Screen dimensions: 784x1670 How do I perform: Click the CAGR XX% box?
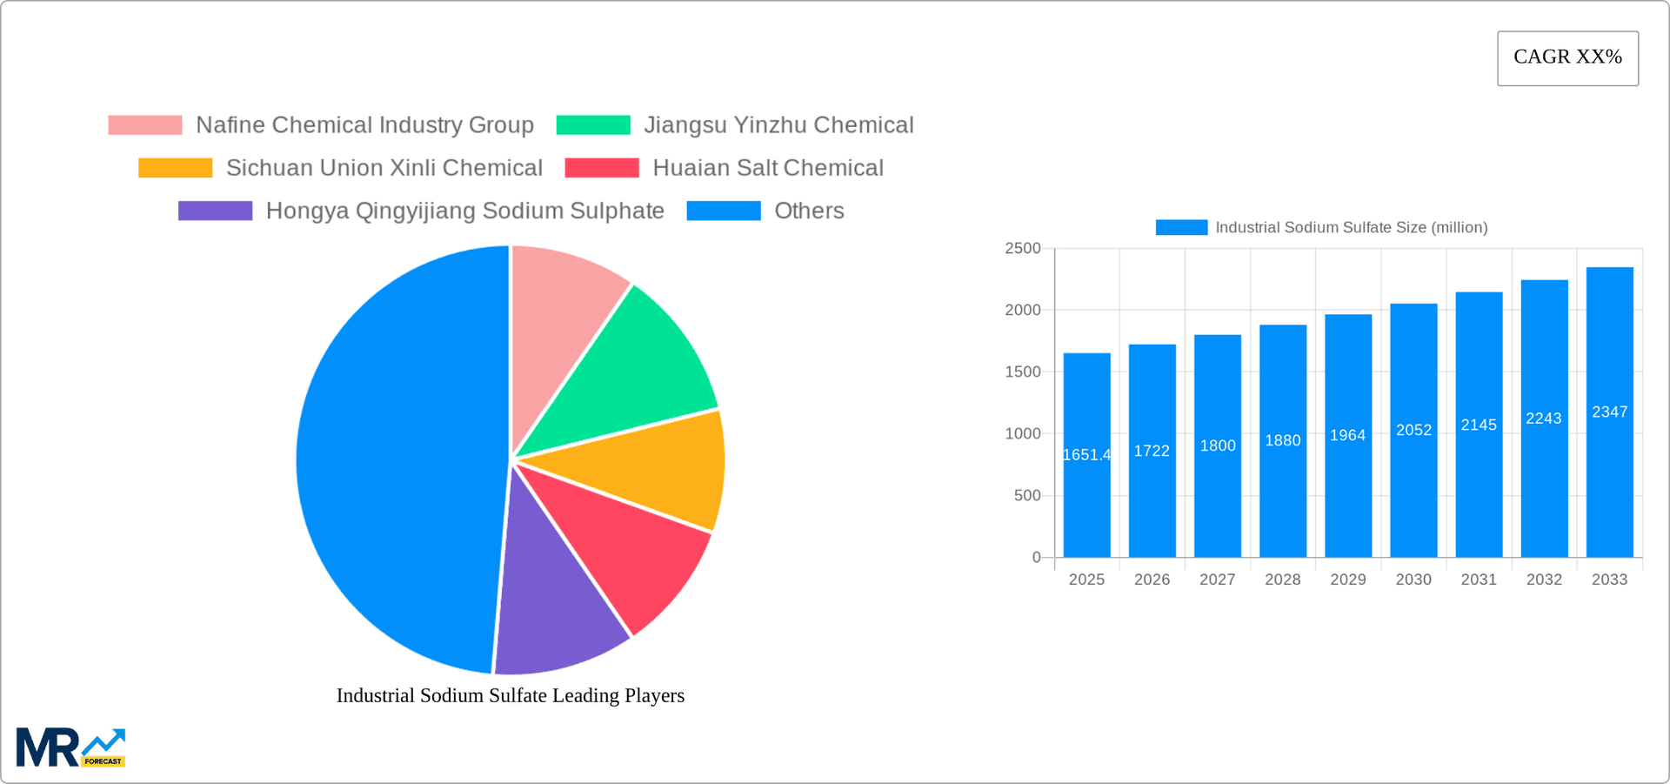click(1567, 58)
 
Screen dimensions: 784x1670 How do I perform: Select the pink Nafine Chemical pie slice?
click(557, 322)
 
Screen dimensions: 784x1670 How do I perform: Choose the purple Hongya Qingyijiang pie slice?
click(557, 600)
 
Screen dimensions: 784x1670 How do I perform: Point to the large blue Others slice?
click(391, 461)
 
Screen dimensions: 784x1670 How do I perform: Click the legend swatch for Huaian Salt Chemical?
click(602, 168)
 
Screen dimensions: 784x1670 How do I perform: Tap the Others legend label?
click(809, 211)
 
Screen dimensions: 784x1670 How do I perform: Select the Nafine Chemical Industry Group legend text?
click(364, 125)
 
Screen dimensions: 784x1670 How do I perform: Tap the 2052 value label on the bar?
click(1413, 430)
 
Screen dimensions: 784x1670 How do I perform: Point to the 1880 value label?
click(1283, 440)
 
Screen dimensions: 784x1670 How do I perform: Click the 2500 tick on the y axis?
click(1023, 249)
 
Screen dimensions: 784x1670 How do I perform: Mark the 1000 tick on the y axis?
click(1023, 433)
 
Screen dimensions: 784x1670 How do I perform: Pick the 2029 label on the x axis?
click(1347, 580)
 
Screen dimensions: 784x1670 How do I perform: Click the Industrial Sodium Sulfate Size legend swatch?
click(1181, 227)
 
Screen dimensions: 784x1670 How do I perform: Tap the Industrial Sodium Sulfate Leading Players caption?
click(511, 695)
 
